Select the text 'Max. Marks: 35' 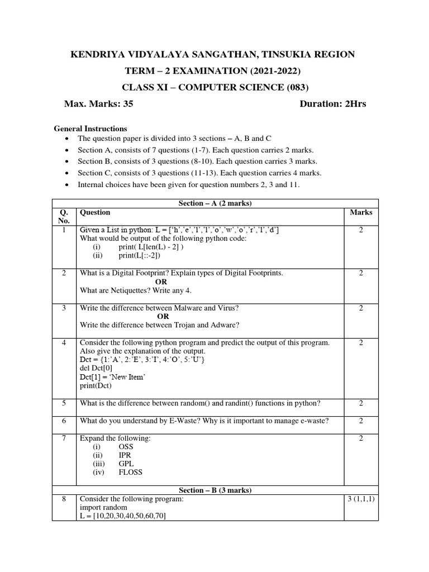click(99, 103)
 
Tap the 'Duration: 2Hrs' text click(333, 103)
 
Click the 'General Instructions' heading click(90, 128)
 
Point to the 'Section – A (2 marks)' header click(215, 203)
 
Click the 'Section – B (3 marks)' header click(215, 490)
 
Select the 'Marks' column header click(361, 212)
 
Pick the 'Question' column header click(95, 212)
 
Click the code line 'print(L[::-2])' click(139, 255)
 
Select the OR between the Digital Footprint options click(161, 282)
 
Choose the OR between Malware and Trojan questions click(163, 316)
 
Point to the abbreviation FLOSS click(130, 472)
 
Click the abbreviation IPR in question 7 click(125, 455)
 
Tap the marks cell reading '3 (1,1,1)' click(361, 499)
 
